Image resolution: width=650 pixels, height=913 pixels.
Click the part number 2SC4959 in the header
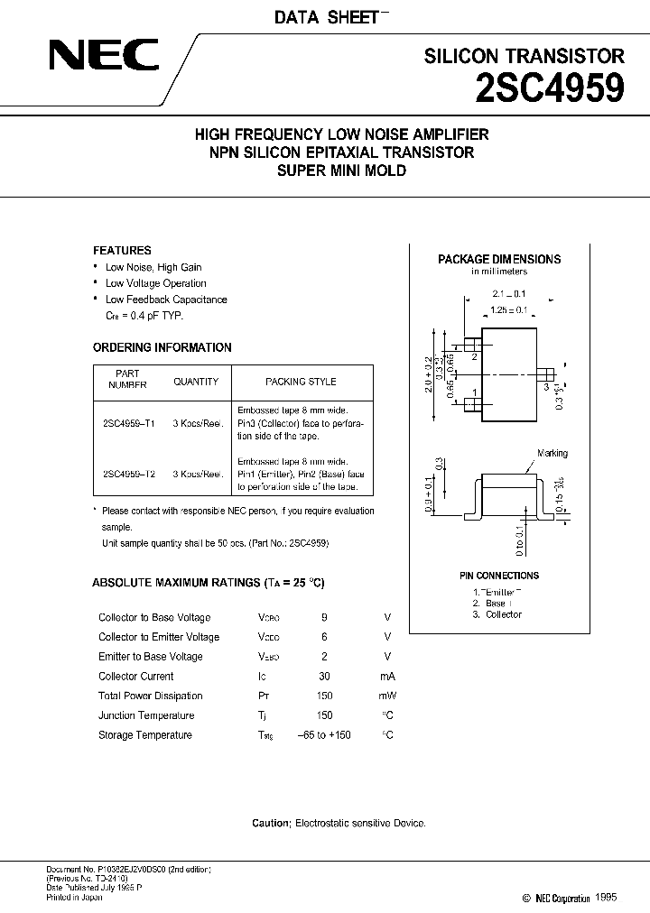550,89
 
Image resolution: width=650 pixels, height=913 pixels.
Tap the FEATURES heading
122,250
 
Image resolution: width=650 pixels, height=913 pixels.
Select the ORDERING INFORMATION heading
162,347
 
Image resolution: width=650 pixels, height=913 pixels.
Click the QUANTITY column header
195,382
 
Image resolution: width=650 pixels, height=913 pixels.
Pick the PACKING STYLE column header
301,382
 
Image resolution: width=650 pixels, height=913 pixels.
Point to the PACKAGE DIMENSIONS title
498,259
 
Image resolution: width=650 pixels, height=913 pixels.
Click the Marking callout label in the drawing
552,454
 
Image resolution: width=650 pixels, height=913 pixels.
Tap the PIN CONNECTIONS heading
499,576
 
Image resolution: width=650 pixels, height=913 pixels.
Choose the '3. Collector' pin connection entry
497,614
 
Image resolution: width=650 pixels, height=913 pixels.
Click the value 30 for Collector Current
324,676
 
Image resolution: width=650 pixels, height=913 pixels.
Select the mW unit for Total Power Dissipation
387,696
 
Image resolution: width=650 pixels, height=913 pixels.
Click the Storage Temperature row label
144,735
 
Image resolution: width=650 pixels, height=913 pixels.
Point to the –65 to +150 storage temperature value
324,735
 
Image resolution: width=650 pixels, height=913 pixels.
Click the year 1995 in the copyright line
608,899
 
